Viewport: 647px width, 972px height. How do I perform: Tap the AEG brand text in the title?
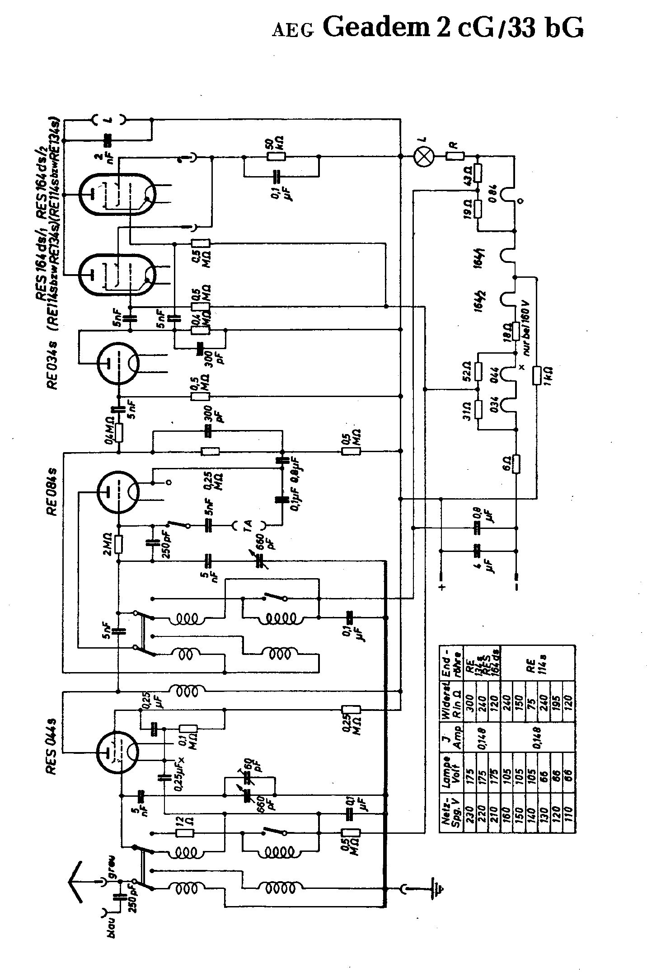pos(292,31)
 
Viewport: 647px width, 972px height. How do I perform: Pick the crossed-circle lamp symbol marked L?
pos(424,156)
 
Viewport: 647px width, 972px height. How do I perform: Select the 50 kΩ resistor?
pos(276,156)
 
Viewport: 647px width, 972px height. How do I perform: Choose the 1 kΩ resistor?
pos(537,376)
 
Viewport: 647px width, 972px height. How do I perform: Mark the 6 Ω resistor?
pos(516,463)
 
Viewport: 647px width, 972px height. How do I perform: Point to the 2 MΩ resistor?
pos(119,544)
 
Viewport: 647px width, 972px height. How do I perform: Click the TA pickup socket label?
pos(248,525)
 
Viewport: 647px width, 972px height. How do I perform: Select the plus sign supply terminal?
pos(442,587)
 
